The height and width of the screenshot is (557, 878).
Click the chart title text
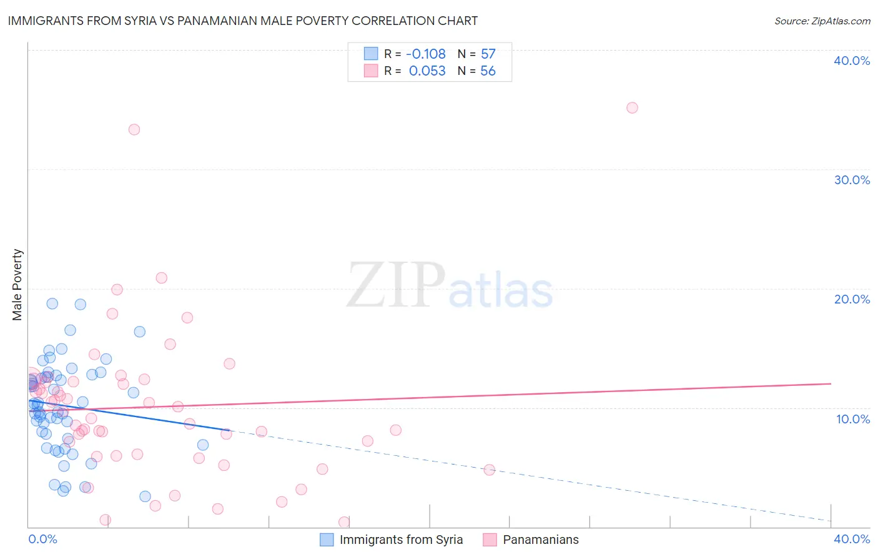(x=242, y=21)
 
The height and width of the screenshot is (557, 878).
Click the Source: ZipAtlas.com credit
(x=822, y=21)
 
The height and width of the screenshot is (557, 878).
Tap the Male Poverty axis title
(x=17, y=285)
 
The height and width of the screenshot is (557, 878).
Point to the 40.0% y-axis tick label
(x=852, y=61)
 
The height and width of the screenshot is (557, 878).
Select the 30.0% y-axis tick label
(x=852, y=180)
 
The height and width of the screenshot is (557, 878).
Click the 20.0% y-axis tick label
(x=852, y=299)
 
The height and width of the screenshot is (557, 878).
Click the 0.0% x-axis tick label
(x=42, y=539)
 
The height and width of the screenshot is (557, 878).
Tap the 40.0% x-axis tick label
(x=852, y=539)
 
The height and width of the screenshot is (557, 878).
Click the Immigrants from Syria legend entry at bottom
(x=401, y=540)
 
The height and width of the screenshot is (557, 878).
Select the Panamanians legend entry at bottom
(x=541, y=540)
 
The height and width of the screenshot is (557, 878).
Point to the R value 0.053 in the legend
(x=427, y=71)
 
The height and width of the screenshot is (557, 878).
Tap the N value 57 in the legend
(x=488, y=54)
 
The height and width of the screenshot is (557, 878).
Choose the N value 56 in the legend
(x=488, y=71)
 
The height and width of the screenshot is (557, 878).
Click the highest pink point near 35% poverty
(x=632, y=107)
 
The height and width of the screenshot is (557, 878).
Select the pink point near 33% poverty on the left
(x=134, y=129)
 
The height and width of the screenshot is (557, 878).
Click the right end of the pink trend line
(x=831, y=383)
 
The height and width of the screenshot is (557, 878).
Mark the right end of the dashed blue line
(x=831, y=520)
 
